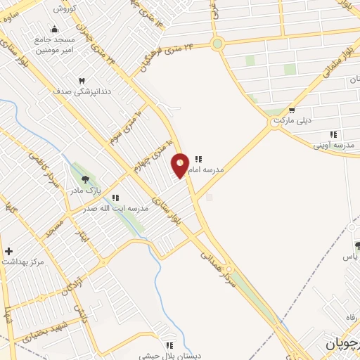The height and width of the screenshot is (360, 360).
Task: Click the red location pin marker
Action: click(x=180, y=165)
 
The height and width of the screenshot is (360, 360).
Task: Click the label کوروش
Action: click(x=64, y=8)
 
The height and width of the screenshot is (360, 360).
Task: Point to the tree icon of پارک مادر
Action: click(x=85, y=180)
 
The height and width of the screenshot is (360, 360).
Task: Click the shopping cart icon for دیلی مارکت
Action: click(x=291, y=110)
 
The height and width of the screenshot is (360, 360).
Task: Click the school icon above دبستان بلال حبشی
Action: click(x=169, y=345)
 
